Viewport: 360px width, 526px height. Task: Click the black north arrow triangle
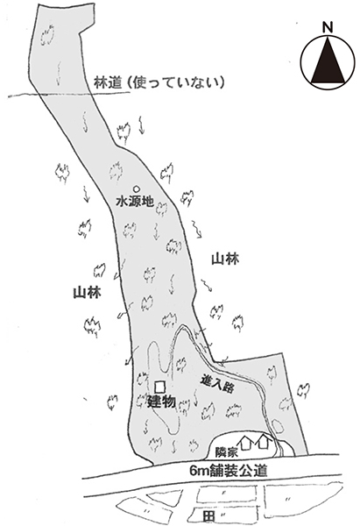[x=328, y=62]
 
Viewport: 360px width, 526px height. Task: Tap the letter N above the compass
[x=328, y=27]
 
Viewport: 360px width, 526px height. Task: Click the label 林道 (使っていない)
[x=159, y=82]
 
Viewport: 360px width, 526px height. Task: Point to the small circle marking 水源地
[x=136, y=188]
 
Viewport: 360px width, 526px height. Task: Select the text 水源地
[x=135, y=202]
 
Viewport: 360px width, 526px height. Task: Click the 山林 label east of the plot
[x=225, y=259]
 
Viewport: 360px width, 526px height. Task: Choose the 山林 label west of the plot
[x=87, y=293]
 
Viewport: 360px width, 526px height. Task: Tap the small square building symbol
[x=160, y=387]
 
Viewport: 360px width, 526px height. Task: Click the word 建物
[x=161, y=402]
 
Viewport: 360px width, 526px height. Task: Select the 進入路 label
[x=217, y=386]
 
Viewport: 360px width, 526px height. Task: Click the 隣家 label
[x=227, y=451]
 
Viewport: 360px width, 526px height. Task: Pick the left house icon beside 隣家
[x=246, y=443]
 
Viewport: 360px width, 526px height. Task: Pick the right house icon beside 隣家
[x=264, y=442]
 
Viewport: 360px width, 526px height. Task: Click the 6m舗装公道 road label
[x=229, y=471]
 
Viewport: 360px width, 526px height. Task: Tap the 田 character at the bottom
[x=208, y=516]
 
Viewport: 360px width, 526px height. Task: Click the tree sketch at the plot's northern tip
[x=47, y=34]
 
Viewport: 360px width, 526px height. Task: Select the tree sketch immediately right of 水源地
[x=161, y=209]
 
